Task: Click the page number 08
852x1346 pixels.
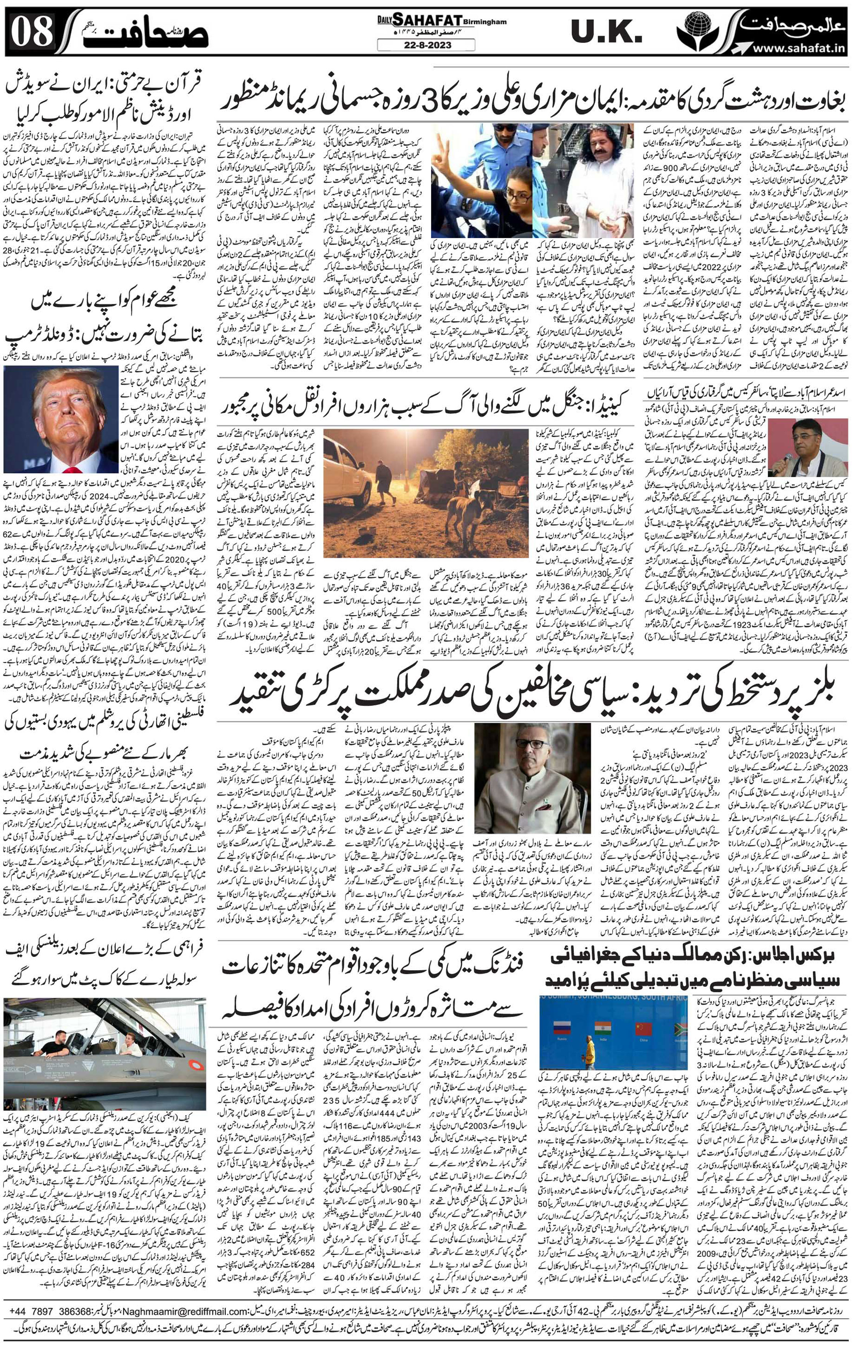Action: tap(33, 33)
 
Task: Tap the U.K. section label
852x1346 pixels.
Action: tap(606, 33)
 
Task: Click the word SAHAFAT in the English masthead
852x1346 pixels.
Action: tap(428, 21)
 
